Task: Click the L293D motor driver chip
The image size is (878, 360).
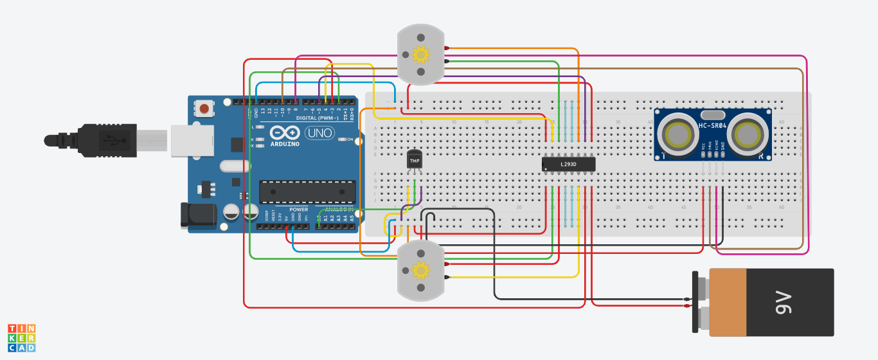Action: tap(568, 165)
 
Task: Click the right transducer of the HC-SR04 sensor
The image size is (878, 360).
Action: tap(749, 134)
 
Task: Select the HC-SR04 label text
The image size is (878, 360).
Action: tap(713, 125)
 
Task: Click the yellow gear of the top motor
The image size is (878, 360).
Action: tap(420, 55)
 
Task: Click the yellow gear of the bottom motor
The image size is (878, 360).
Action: tap(420, 270)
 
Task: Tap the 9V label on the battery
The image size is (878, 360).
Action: tap(785, 302)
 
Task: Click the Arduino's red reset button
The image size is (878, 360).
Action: tap(204, 108)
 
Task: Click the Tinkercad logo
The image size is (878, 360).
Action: tap(21, 338)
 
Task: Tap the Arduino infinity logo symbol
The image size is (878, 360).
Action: tap(285, 133)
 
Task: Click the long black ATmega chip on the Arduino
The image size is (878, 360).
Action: tap(307, 192)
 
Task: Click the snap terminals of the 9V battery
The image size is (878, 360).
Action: tap(699, 302)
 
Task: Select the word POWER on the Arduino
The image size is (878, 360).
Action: tap(299, 210)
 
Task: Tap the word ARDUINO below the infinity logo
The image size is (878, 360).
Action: tap(285, 143)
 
